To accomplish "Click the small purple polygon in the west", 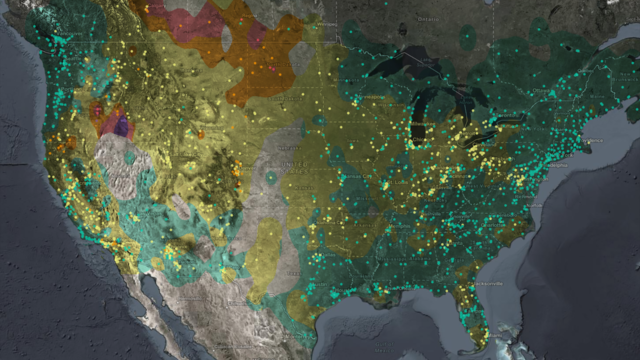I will click(x=121, y=127).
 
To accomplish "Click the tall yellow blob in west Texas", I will click(x=265, y=255).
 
